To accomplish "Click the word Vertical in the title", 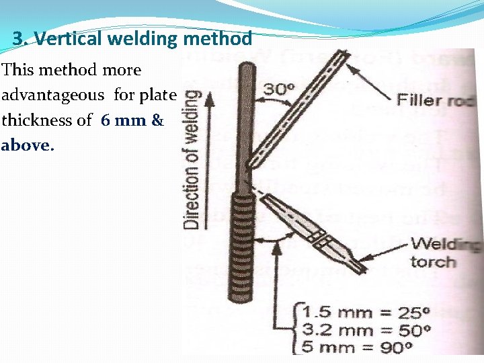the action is [x=66, y=38].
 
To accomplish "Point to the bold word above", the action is [x=26, y=145].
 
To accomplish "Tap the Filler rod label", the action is [x=436, y=101].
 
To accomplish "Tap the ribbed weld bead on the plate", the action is [x=241, y=249].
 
